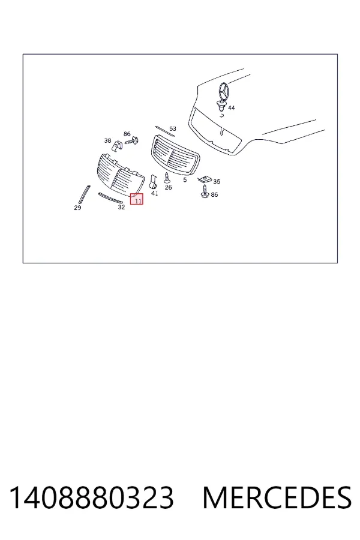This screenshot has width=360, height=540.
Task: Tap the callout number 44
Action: pos(232,108)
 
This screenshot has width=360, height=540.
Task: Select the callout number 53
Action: pos(173,128)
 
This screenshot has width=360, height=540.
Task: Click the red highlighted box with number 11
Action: pos(136,199)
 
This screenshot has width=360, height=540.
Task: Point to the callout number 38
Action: pos(107,140)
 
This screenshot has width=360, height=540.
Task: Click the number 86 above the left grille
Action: pos(127,134)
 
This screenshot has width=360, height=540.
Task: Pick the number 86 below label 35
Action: pos(214,194)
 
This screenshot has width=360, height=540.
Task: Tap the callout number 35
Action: pos(217,181)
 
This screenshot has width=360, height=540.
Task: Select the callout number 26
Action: pos(168,187)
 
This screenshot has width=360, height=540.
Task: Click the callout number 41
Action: pos(155,193)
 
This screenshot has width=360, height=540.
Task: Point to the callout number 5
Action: pos(185,180)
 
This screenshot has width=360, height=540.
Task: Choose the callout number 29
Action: pos(77,208)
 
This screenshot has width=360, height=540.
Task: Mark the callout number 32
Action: pos(121,208)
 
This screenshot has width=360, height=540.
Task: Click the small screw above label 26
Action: pos(167,178)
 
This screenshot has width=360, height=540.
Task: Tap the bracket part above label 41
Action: pos(152,181)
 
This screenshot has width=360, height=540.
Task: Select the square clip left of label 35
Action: pos(205,179)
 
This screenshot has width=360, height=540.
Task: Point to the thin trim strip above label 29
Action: pos(85,194)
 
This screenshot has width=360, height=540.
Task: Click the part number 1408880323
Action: pos(91,497)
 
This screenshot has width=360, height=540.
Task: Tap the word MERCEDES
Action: pos(277,497)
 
